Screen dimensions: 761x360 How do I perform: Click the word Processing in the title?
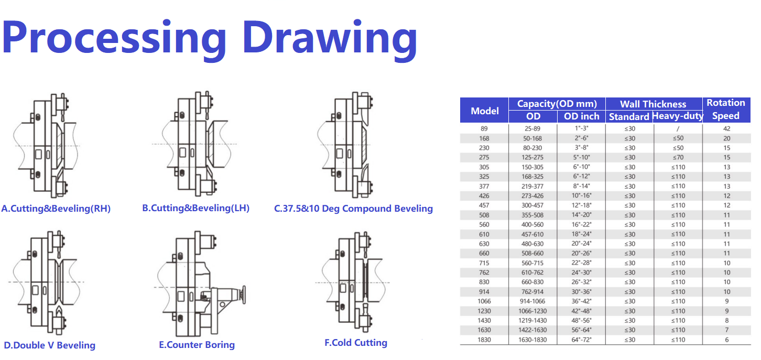point(114,40)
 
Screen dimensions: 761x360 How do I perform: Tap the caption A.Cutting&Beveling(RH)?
point(56,209)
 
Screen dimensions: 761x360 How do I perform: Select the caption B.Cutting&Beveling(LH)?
point(195,208)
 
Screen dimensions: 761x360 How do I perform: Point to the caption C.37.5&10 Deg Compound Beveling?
point(353,209)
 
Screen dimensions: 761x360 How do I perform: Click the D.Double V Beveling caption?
point(50,345)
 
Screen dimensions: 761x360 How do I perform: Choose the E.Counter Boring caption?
point(197,345)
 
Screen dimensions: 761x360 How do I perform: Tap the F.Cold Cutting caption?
point(356,343)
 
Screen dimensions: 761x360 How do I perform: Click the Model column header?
point(484,111)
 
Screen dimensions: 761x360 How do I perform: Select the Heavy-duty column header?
point(678,116)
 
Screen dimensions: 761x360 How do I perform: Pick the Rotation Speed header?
point(726,110)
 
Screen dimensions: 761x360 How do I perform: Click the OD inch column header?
point(582,116)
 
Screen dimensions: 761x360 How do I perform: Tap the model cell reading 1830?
point(484,340)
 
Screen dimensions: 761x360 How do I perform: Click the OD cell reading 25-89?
point(532,129)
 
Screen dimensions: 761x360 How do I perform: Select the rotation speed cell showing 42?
point(727,129)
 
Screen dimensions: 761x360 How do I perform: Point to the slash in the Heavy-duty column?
point(678,129)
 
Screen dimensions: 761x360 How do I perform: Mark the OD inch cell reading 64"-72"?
point(581,340)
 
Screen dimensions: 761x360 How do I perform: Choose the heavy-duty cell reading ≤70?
point(678,158)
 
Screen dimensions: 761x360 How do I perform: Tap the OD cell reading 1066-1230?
point(532,311)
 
